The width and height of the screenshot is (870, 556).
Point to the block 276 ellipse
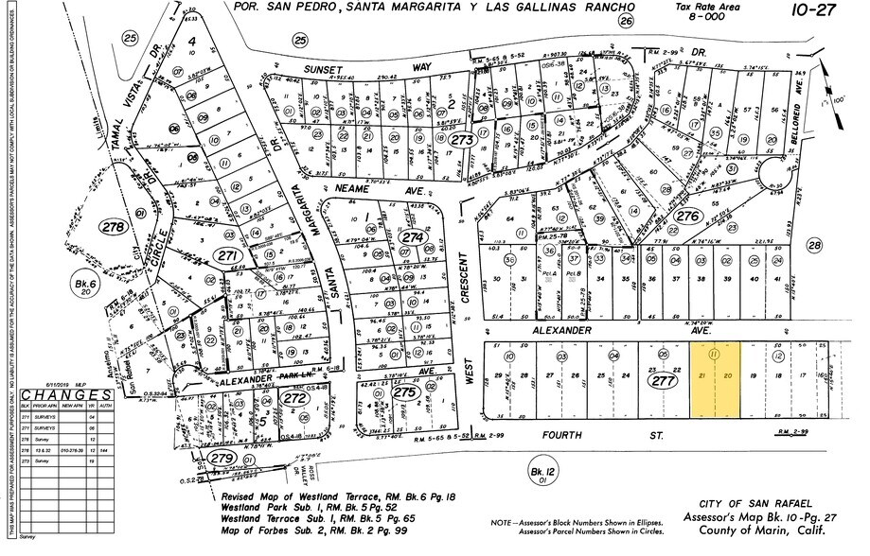click(x=687, y=217)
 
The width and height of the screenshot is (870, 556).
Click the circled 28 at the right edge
click(x=815, y=246)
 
